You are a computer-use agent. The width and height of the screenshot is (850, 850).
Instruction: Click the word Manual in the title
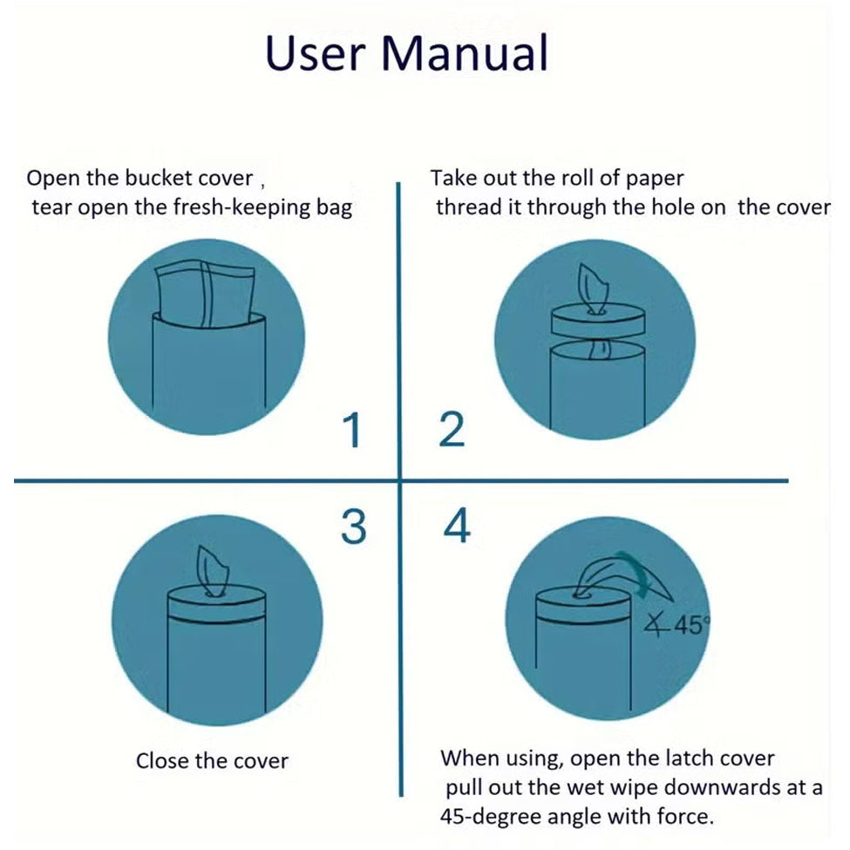(x=466, y=53)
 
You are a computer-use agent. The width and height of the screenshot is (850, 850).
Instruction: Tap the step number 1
(x=352, y=431)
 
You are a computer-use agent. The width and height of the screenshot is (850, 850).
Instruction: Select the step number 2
(x=452, y=431)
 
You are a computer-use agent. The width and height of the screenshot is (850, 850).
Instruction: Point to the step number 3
(x=353, y=527)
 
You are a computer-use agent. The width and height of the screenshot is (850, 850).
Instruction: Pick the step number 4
(x=457, y=527)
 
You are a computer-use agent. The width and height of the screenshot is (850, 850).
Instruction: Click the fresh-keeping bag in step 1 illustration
(x=206, y=293)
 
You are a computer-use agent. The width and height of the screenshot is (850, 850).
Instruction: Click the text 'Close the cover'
(x=212, y=761)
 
